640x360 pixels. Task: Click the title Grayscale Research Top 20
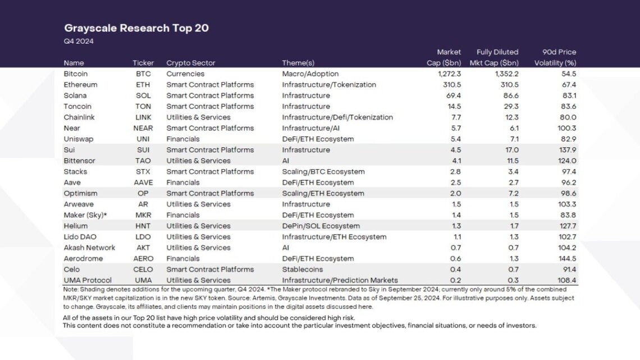tap(136, 28)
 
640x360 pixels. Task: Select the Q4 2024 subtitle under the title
tap(79, 41)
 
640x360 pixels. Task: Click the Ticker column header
tap(143, 63)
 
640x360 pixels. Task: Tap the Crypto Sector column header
tap(191, 63)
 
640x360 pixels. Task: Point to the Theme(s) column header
tap(298, 63)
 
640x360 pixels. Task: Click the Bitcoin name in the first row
tap(76, 74)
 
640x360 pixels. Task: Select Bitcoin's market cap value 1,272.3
tap(449, 74)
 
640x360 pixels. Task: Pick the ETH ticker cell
tap(143, 84)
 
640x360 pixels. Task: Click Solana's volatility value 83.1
tap(569, 95)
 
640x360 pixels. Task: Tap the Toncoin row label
tap(77, 107)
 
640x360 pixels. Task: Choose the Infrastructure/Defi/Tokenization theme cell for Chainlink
tap(337, 117)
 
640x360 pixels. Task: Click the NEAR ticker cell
tap(143, 128)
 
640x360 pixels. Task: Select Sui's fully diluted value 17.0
tap(512, 150)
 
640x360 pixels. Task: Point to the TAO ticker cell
tap(143, 161)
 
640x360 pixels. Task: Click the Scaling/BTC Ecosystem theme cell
tap(323, 172)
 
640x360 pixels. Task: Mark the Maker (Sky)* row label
tap(85, 215)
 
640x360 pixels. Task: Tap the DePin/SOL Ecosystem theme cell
tap(321, 226)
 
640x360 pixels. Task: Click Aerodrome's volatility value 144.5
tap(567, 259)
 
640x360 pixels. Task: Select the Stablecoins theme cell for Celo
tap(303, 270)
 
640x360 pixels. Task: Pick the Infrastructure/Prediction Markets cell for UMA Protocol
tap(340, 280)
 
